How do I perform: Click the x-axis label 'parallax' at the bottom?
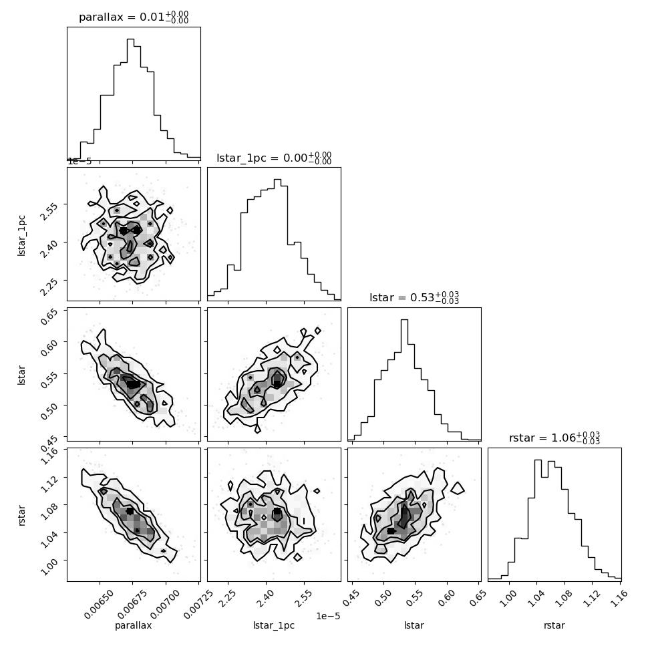pyautogui.click(x=133, y=626)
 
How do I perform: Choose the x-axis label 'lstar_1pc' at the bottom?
pyautogui.click(x=274, y=626)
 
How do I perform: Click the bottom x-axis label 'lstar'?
pyautogui.click(x=414, y=625)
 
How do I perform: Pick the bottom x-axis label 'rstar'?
pyautogui.click(x=554, y=626)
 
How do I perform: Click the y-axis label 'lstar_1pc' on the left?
pyautogui.click(x=21, y=236)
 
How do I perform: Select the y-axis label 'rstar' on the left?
pyautogui.click(x=21, y=515)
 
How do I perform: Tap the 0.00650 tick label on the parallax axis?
pyautogui.click(x=98, y=605)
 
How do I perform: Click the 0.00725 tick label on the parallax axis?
pyautogui.click(x=198, y=605)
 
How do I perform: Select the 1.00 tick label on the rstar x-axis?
pyautogui.click(x=508, y=599)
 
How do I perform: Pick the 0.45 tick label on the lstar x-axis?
pyautogui.click(x=351, y=599)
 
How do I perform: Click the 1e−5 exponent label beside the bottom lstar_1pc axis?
pyautogui.click(x=328, y=616)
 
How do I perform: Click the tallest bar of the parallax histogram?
pyautogui.click(x=130, y=100)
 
